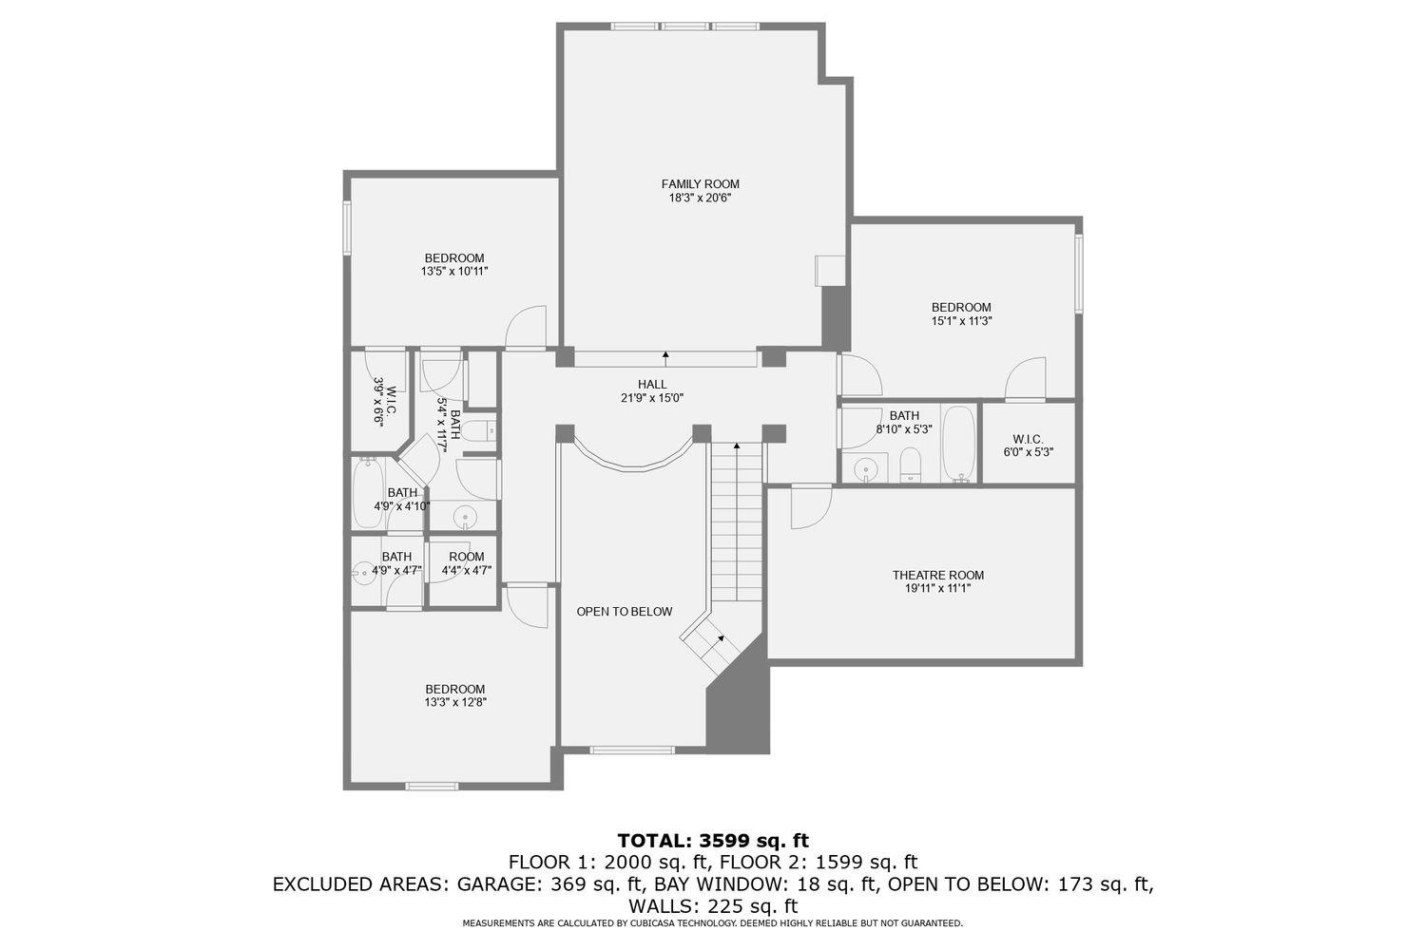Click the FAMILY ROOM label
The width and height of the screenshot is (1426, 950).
[x=700, y=184]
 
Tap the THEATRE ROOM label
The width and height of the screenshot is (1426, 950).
[x=937, y=575]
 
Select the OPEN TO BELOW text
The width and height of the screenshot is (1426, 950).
[x=624, y=612]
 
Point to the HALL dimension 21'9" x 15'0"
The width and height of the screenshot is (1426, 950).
[x=651, y=398]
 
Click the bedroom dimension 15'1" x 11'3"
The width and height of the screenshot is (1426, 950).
[x=960, y=321]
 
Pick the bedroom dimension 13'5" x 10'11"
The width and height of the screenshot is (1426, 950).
[x=453, y=272]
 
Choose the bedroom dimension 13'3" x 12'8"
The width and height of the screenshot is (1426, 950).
[x=454, y=703]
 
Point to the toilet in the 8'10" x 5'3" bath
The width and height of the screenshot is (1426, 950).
[x=911, y=466]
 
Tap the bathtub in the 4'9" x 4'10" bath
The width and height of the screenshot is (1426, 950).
[x=367, y=494]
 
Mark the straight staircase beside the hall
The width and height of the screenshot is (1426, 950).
[x=738, y=522]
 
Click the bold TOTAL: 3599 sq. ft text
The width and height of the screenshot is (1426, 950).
[x=712, y=840]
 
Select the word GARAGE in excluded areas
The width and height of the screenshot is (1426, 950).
[x=499, y=884]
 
